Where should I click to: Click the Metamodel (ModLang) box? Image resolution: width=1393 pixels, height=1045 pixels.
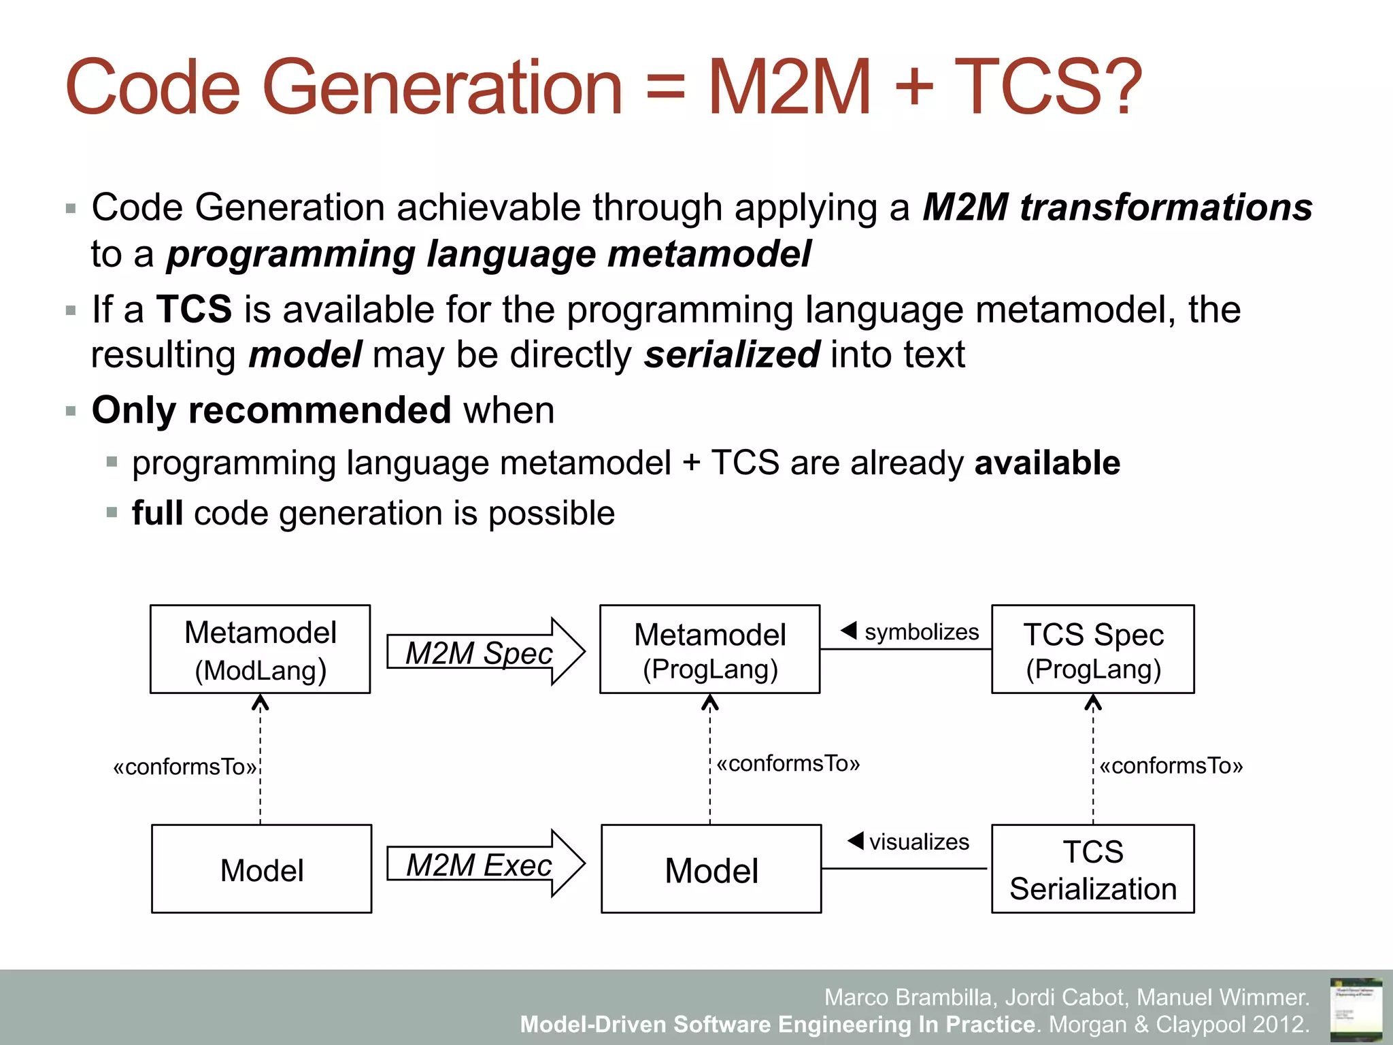click(x=261, y=649)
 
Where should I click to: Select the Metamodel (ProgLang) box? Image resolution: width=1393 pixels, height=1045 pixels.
click(x=709, y=649)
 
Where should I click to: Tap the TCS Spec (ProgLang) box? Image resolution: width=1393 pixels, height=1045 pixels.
click(x=1092, y=649)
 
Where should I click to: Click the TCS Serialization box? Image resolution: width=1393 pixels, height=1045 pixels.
click(x=1092, y=869)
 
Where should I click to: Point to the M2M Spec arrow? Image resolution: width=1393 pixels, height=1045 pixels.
click(x=485, y=652)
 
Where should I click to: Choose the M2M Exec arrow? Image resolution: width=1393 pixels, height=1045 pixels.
click(x=485, y=864)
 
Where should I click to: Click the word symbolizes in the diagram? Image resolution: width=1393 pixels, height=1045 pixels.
click(x=921, y=632)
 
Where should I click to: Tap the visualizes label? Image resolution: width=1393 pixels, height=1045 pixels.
click(x=918, y=842)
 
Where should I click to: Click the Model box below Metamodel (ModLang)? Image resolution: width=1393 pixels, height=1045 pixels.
click(x=262, y=869)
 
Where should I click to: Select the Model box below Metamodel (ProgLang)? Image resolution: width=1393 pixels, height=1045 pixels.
click(x=711, y=869)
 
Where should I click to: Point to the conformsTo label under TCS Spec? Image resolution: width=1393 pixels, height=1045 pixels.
click(x=1171, y=766)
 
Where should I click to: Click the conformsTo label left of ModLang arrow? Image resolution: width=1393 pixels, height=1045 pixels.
click(x=185, y=767)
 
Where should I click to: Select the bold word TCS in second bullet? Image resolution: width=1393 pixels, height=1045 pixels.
click(x=195, y=310)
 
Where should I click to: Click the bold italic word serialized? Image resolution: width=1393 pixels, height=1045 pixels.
click(x=732, y=355)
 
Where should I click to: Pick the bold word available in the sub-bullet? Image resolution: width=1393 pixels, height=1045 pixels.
click(x=1047, y=463)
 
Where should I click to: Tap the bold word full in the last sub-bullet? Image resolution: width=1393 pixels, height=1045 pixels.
click(x=157, y=513)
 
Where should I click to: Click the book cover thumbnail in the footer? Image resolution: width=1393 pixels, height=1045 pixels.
click(x=1356, y=1008)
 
